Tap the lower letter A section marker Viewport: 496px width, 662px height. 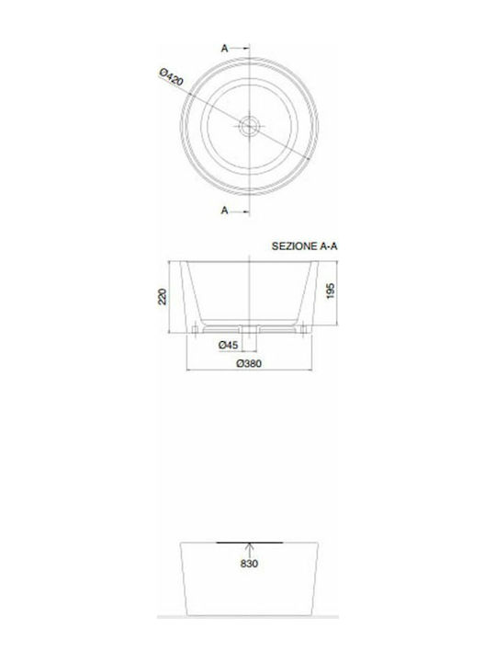point(224,211)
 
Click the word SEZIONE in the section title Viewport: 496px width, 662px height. point(294,246)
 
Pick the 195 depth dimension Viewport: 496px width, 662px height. point(331,291)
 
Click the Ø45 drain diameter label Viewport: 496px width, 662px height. point(229,344)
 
